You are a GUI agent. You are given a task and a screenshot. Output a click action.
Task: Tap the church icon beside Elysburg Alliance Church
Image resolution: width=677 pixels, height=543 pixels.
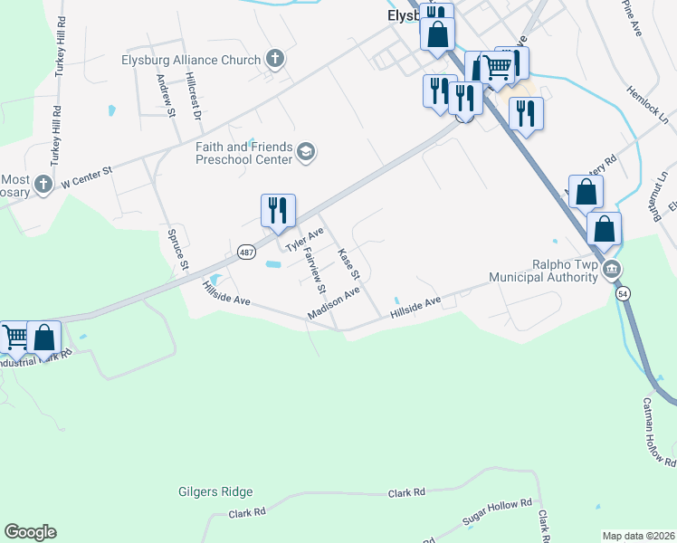tap(275, 60)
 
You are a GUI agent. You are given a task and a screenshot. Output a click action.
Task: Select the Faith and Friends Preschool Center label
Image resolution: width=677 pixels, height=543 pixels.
tap(244, 153)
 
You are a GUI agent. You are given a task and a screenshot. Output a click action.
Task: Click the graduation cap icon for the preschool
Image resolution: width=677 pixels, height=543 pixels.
tap(307, 152)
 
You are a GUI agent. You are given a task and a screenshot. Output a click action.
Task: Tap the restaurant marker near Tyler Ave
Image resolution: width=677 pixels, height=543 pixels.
tap(279, 210)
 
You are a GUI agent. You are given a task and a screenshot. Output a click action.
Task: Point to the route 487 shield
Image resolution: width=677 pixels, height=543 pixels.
tap(245, 252)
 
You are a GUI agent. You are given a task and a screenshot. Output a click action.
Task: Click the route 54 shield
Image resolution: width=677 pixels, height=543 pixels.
tap(623, 295)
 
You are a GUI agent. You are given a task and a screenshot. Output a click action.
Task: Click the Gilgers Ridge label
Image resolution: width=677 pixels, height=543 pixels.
tap(215, 492)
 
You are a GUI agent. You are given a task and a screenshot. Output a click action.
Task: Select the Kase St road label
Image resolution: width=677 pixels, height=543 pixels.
tap(348, 263)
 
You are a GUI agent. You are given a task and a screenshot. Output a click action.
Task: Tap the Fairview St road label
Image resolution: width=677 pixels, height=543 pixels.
tap(313, 272)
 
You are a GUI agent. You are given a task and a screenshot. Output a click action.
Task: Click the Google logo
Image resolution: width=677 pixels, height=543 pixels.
tap(31, 532)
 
